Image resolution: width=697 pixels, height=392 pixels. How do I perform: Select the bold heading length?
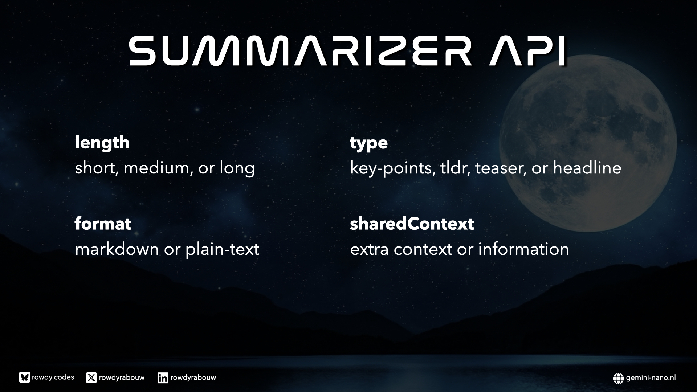[102, 142]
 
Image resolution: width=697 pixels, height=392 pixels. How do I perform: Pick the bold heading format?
[103, 224]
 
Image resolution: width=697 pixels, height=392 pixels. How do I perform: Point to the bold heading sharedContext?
[412, 224]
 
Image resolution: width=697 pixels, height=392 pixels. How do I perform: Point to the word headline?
[587, 168]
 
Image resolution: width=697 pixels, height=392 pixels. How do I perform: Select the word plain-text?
[222, 250]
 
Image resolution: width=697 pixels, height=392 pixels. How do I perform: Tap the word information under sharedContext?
[523, 249]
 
